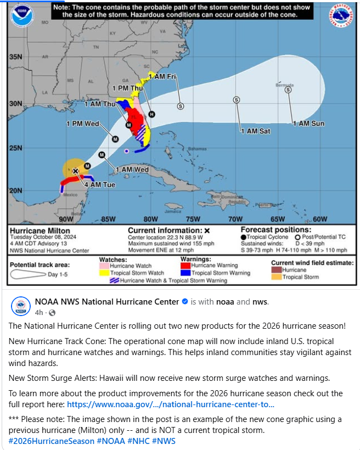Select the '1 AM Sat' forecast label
point(255,131)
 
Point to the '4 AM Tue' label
point(99,185)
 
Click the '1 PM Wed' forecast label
point(82,124)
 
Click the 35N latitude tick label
point(15,57)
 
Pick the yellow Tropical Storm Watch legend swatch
point(104,273)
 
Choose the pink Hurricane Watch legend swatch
point(104,266)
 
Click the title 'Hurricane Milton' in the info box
point(40,230)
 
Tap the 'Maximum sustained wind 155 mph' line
point(171,244)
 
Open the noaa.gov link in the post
point(170,404)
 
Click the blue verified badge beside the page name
point(185,302)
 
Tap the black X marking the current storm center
point(76,171)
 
